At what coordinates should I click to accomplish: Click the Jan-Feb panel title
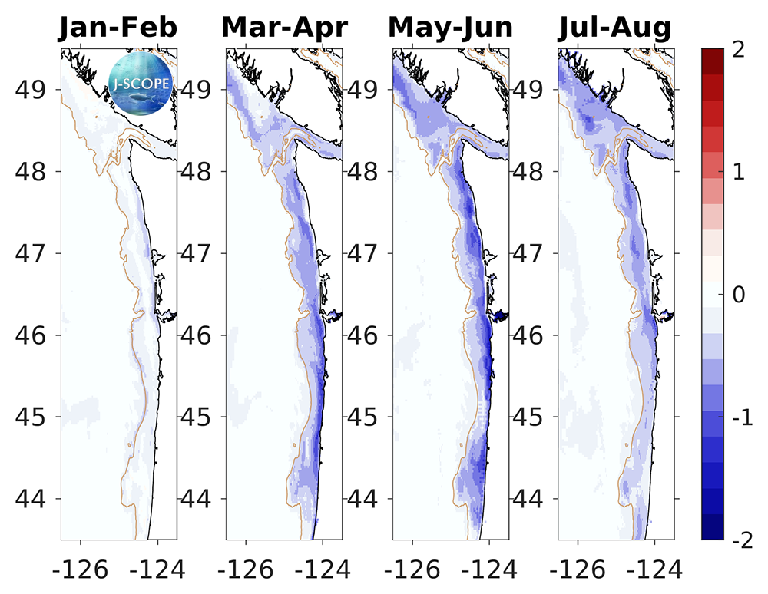(118, 28)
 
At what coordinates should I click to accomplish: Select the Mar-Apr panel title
(284, 28)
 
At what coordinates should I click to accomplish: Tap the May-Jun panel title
(450, 28)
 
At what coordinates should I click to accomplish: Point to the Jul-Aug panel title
(615, 28)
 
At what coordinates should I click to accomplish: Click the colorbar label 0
(740, 295)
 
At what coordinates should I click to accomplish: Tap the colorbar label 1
(740, 173)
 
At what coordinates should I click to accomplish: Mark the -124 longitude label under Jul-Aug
(654, 569)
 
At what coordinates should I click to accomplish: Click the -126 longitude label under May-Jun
(408, 569)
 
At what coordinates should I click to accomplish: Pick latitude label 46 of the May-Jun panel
(366, 335)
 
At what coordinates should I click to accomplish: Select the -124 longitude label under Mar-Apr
(323, 569)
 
